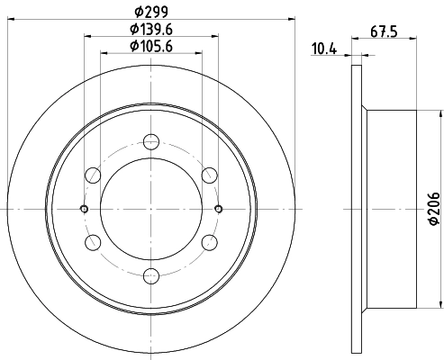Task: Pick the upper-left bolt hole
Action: pos(91,175)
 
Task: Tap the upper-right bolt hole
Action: pos(211,175)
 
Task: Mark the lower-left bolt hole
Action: pos(91,242)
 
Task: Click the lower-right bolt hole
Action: pos(211,242)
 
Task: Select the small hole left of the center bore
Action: pos(84,209)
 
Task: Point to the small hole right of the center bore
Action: pos(218,209)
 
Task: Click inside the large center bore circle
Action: pos(150,209)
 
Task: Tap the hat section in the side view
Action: pos(391,209)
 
